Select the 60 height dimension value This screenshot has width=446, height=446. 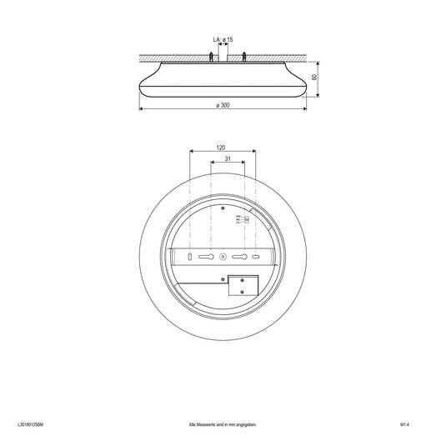coord(314,78)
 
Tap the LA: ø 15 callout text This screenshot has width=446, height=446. coord(223,39)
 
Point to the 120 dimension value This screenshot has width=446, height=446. coord(221,147)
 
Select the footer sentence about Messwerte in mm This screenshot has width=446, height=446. coord(223,424)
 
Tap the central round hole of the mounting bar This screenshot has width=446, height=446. coord(223,257)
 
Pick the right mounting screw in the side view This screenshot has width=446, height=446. coord(243,57)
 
